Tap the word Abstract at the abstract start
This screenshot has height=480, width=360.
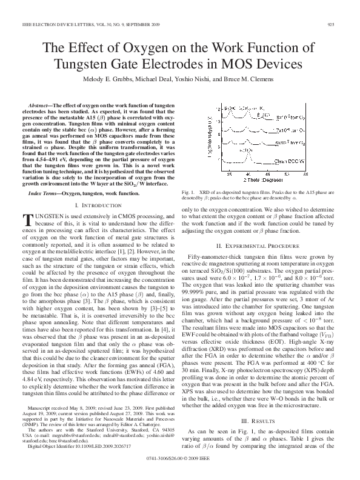42,105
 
